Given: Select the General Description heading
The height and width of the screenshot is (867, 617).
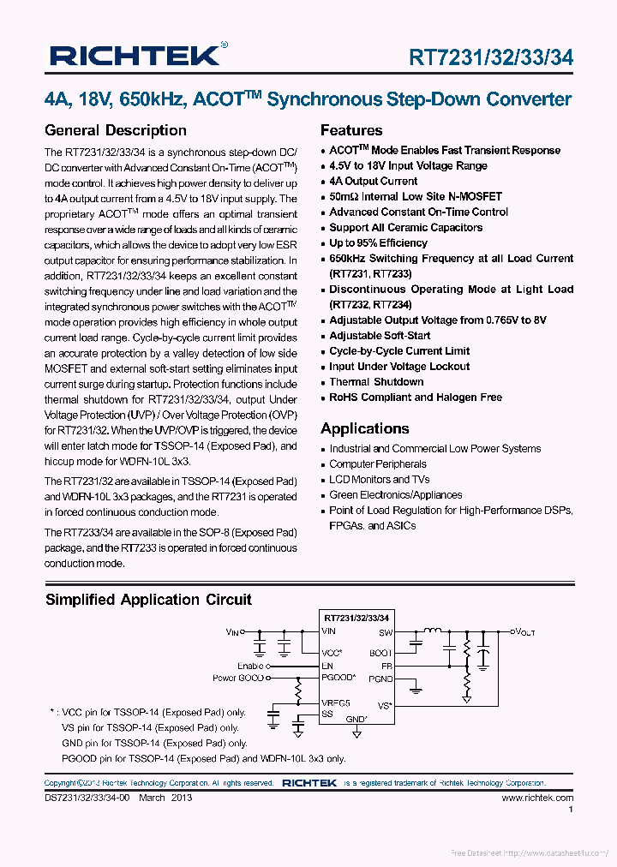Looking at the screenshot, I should (115, 130).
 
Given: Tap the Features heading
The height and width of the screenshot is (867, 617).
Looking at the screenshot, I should (351, 130).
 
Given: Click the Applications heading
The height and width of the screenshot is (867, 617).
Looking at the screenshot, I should (365, 428).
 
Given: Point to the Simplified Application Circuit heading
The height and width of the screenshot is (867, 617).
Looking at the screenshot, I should (148, 600).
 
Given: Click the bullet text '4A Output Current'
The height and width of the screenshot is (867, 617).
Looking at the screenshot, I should (374, 182).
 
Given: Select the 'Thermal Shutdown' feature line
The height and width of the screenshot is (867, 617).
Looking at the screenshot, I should (376, 382).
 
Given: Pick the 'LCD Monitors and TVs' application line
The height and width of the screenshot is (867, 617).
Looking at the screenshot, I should (380, 480).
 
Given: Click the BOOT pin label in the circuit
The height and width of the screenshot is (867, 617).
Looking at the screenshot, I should (380, 653).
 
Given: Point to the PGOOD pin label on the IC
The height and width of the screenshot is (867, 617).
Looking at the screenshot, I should (338, 678).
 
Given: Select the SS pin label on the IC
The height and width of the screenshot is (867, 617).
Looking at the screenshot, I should (326, 714).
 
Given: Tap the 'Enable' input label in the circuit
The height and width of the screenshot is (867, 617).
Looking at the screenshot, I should (251, 666).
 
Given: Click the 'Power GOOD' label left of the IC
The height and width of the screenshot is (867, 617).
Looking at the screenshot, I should (238, 678).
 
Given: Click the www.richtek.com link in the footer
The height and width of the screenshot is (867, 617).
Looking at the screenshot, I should (537, 798).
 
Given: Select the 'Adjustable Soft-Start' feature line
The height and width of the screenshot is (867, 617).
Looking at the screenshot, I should (380, 336).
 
